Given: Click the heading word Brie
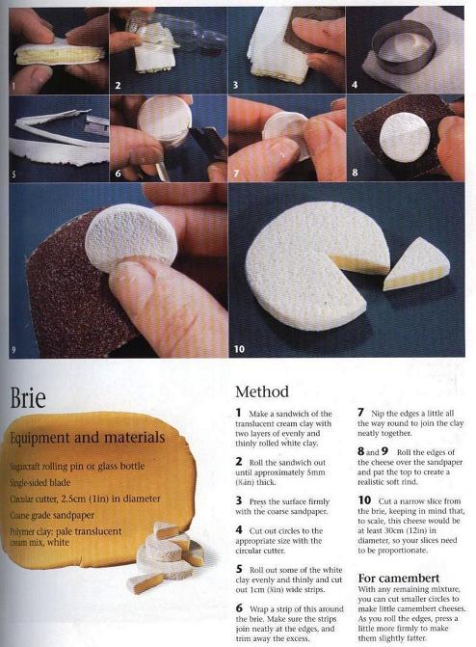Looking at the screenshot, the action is click(x=28, y=397).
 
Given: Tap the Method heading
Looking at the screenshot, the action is click(x=262, y=391).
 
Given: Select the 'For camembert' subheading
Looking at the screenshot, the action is click(x=399, y=578).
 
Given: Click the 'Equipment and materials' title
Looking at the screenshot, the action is click(x=88, y=437).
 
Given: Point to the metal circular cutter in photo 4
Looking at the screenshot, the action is click(x=403, y=46).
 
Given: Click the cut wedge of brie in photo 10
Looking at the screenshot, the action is click(x=416, y=264).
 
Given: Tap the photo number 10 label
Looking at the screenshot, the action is click(x=239, y=349).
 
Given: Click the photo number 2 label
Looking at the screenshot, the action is click(x=118, y=86).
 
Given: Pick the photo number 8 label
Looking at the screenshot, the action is click(x=355, y=173).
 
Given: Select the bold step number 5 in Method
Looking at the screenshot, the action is click(x=239, y=569).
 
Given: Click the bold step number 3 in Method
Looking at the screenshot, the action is click(x=238, y=501).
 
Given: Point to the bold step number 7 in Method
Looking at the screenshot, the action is click(x=360, y=413).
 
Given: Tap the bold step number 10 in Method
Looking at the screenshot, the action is click(x=364, y=500).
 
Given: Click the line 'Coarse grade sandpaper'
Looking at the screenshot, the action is click(x=52, y=515).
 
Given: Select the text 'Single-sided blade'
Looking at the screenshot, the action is click(x=40, y=482).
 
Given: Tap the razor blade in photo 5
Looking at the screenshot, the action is click(x=96, y=123).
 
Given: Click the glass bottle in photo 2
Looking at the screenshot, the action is click(x=173, y=31).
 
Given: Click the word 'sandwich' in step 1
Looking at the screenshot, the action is click(x=293, y=414).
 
